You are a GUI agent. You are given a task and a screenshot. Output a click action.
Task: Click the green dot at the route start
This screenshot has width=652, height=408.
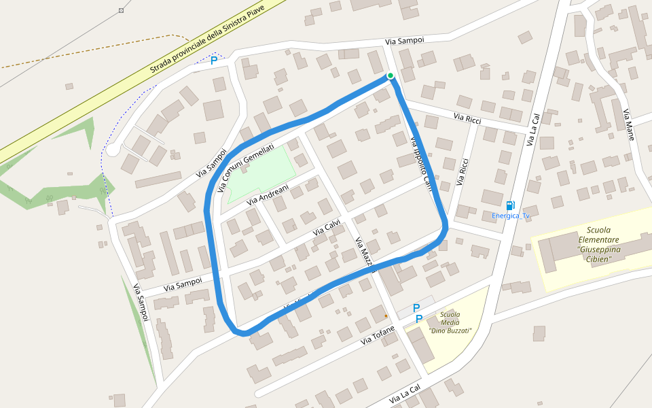pyautogui.click(x=391, y=75)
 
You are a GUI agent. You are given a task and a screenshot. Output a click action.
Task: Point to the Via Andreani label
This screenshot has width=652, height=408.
pyautogui.click(x=268, y=194)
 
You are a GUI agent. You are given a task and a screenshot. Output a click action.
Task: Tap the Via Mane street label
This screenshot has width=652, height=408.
pyautogui.click(x=629, y=124)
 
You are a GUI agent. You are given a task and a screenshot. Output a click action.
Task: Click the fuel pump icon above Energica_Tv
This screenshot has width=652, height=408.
pyautogui.click(x=510, y=205)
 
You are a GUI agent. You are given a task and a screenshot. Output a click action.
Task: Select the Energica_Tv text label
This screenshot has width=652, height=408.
pyautogui.click(x=511, y=216)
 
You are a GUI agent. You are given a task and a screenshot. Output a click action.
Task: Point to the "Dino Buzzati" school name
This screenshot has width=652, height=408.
pyautogui.click(x=450, y=330)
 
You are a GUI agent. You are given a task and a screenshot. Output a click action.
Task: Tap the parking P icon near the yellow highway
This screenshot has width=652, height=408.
pyautogui.click(x=214, y=61)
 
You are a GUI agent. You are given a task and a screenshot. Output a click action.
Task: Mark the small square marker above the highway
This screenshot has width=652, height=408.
pyautogui.click(x=122, y=10)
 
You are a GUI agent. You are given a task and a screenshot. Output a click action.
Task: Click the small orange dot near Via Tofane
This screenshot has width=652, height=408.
pyautogui.click(x=386, y=316)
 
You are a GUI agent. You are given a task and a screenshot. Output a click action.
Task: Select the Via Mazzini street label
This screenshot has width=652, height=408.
pyautogui.click(x=365, y=254)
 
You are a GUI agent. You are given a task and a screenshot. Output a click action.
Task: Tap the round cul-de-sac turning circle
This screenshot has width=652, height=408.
pyautogui.click(x=113, y=150)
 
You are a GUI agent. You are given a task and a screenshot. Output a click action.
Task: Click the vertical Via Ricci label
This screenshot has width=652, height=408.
pyautogui.click(x=463, y=172)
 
